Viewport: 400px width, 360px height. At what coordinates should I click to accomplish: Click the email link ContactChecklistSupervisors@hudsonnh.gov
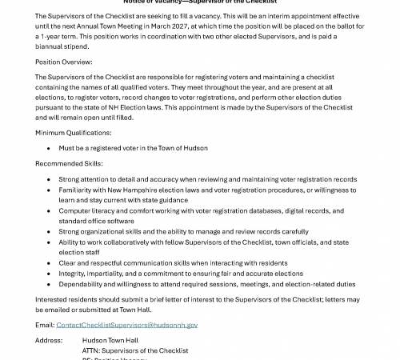127,325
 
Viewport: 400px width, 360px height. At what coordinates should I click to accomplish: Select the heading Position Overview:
64,62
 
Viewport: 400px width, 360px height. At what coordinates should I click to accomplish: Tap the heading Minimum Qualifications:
74,132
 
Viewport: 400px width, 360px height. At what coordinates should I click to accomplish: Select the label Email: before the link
45,325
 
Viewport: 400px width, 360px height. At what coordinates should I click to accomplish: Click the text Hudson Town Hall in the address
110,340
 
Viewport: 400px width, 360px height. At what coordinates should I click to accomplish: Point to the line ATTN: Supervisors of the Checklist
135,350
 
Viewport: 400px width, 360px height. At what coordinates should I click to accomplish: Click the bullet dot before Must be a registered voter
50,148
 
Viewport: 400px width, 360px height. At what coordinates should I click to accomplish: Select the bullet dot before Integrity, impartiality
50,273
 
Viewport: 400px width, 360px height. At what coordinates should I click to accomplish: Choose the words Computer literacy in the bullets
89,210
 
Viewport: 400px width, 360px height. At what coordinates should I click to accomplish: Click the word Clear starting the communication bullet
69,262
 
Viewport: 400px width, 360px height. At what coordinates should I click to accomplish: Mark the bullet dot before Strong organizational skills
50,231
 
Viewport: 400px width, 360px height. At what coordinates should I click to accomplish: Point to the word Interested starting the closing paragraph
54,299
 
